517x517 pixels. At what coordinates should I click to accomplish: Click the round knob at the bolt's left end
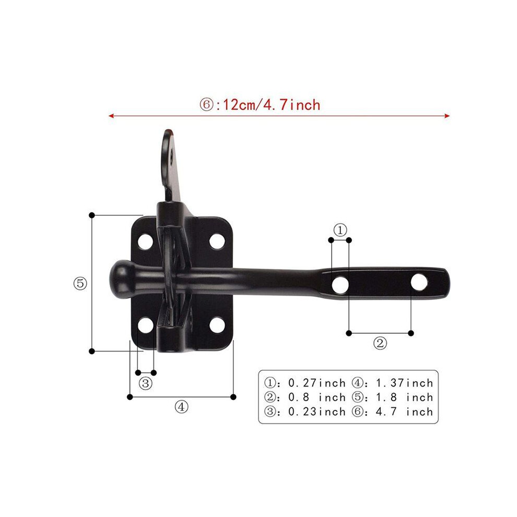click(121, 276)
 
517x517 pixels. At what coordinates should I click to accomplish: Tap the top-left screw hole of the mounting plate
click(145, 242)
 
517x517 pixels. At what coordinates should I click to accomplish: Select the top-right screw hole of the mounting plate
click(217, 241)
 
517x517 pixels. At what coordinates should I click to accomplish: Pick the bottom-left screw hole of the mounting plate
click(145, 325)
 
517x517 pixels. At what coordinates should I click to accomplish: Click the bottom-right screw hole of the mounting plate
click(217, 325)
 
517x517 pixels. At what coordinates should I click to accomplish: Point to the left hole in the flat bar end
click(340, 285)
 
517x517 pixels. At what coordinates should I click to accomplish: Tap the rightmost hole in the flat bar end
click(419, 282)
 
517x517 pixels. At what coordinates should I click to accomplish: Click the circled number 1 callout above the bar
click(340, 230)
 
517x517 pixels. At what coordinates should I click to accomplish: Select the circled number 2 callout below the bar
click(380, 344)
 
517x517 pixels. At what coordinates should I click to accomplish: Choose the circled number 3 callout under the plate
click(145, 383)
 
